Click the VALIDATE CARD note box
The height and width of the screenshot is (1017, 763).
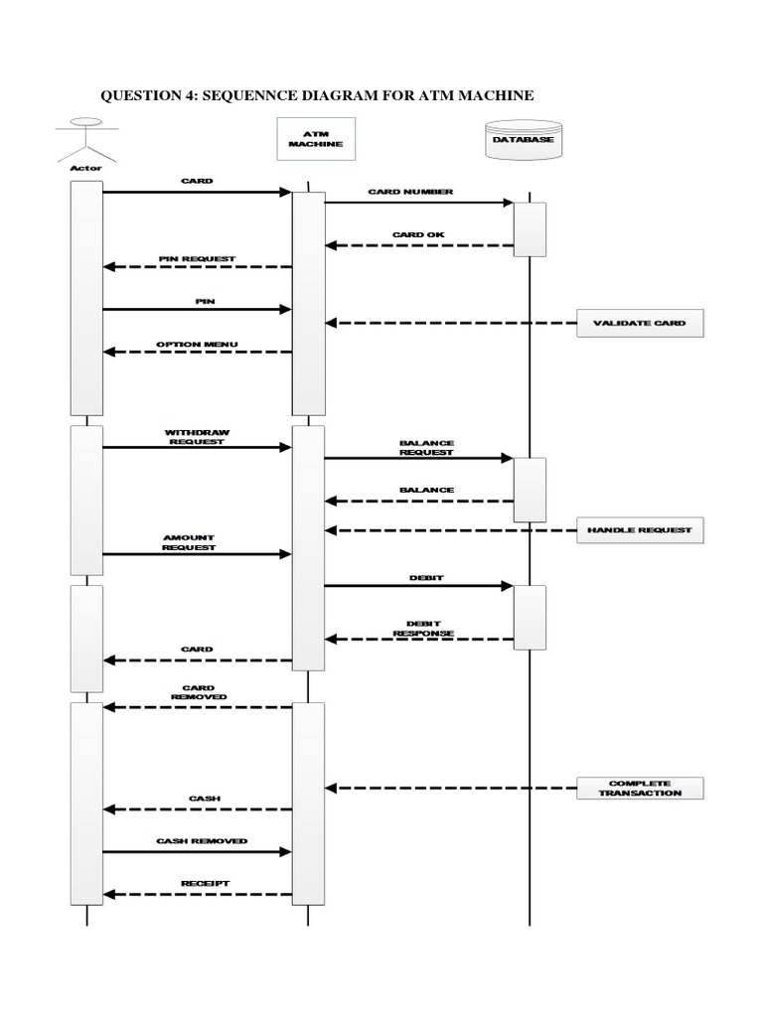[x=640, y=323]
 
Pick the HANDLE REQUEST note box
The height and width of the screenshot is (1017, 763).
[x=640, y=531]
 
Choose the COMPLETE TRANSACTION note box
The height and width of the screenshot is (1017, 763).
[x=640, y=788]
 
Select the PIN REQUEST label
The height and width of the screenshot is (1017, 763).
[x=197, y=258]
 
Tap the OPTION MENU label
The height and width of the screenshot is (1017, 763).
[x=197, y=345]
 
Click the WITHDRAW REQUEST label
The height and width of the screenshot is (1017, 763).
[x=196, y=437]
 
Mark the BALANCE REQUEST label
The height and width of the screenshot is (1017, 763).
[x=426, y=447]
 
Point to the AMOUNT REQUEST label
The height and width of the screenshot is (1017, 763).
[x=189, y=542]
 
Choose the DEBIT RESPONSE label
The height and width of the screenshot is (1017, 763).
[x=423, y=629]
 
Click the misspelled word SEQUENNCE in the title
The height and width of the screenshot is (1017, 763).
[x=256, y=95]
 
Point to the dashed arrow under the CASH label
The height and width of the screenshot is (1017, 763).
[x=198, y=809]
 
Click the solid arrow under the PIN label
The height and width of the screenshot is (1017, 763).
[x=198, y=309]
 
